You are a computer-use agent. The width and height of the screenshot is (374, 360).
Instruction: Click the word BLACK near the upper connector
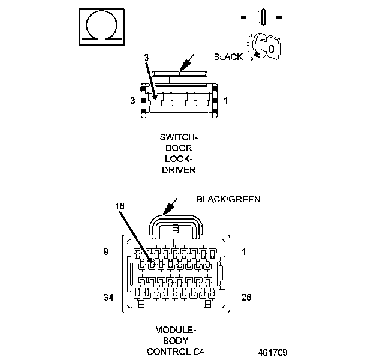click(x=228, y=57)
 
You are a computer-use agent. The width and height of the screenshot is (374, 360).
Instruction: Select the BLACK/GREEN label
click(x=228, y=199)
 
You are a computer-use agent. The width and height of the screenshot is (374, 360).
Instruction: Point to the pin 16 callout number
click(x=120, y=206)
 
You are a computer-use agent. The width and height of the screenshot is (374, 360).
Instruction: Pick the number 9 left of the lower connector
click(x=106, y=252)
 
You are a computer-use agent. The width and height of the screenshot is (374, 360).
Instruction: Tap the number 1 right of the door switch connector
click(x=225, y=101)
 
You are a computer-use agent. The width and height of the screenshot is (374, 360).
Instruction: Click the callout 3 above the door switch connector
click(x=146, y=56)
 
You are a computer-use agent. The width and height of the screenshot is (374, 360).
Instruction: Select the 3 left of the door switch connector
click(x=132, y=101)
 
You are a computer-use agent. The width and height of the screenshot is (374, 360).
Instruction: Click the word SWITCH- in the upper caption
click(x=178, y=138)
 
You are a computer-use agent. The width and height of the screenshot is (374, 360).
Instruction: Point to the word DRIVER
click(x=178, y=170)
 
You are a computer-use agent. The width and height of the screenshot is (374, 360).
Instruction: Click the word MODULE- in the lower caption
click(x=176, y=330)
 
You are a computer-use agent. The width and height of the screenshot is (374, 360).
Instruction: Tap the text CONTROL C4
click(x=176, y=351)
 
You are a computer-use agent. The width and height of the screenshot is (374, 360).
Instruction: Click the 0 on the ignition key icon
click(x=272, y=47)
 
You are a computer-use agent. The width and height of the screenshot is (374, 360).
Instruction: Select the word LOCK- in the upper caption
click(x=178, y=160)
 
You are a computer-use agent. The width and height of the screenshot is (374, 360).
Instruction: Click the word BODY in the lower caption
click(x=176, y=340)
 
